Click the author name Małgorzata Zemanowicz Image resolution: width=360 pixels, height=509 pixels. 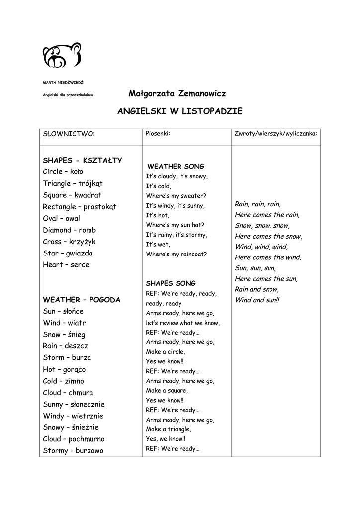click(177, 93)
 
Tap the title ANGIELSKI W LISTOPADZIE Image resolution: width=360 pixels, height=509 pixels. click(180, 111)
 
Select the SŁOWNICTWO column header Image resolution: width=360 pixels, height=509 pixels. click(69, 134)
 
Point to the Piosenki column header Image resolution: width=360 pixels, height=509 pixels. click(158, 133)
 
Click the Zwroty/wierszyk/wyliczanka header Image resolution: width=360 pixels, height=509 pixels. click(275, 134)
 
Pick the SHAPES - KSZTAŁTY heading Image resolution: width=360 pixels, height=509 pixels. click(83, 160)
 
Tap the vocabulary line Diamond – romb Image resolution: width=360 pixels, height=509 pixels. click(69, 230)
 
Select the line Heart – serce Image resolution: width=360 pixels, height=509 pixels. click(66, 264)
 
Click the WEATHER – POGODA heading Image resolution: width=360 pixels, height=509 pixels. click(82, 300)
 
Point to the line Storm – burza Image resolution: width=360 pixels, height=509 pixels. click(67, 357)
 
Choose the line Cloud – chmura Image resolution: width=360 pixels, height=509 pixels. click(68, 393)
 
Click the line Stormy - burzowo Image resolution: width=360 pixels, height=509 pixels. click(73, 451)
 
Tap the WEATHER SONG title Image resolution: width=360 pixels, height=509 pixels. click(176, 166)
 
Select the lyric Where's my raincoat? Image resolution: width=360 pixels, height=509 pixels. click(176, 254)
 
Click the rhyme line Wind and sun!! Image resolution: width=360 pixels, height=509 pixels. click(257, 300)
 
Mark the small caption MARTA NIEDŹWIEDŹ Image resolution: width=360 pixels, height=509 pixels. click(63, 82)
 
